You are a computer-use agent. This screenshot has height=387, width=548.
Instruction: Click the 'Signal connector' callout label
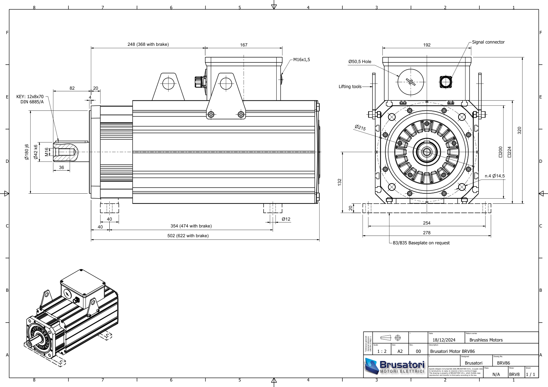click(x=488, y=42)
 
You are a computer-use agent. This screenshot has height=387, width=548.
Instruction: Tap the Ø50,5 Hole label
click(x=360, y=61)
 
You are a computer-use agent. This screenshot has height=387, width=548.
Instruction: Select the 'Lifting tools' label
click(x=350, y=86)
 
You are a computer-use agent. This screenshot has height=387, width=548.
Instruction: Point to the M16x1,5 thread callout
click(x=301, y=60)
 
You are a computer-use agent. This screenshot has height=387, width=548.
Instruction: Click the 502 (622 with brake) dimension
click(x=188, y=236)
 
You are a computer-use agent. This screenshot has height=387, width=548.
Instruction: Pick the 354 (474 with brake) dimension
click(x=191, y=226)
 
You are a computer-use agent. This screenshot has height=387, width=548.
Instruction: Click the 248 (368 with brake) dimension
click(x=148, y=45)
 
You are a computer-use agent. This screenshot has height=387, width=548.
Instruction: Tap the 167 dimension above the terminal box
click(x=244, y=45)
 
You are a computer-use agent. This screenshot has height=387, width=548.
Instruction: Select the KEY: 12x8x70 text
click(x=30, y=97)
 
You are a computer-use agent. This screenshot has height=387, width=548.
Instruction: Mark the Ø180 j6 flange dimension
click(x=27, y=152)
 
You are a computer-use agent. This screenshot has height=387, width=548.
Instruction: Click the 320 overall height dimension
click(x=519, y=130)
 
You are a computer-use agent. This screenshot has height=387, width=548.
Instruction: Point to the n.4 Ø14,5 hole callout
click(x=495, y=176)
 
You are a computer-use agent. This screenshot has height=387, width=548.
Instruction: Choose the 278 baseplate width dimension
click(x=427, y=233)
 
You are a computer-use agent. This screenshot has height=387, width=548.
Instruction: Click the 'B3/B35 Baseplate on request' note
click(x=421, y=243)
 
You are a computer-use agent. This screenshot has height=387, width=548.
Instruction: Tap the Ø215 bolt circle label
click(x=360, y=128)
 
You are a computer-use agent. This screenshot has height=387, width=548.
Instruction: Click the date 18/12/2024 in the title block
click(x=444, y=340)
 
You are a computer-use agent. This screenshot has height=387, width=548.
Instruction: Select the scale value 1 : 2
click(x=382, y=351)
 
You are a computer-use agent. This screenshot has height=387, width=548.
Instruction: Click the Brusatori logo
click(x=395, y=366)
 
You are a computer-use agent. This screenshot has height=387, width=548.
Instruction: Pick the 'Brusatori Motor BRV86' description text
click(x=452, y=351)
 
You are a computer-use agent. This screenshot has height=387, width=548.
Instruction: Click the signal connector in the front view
click(x=446, y=82)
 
